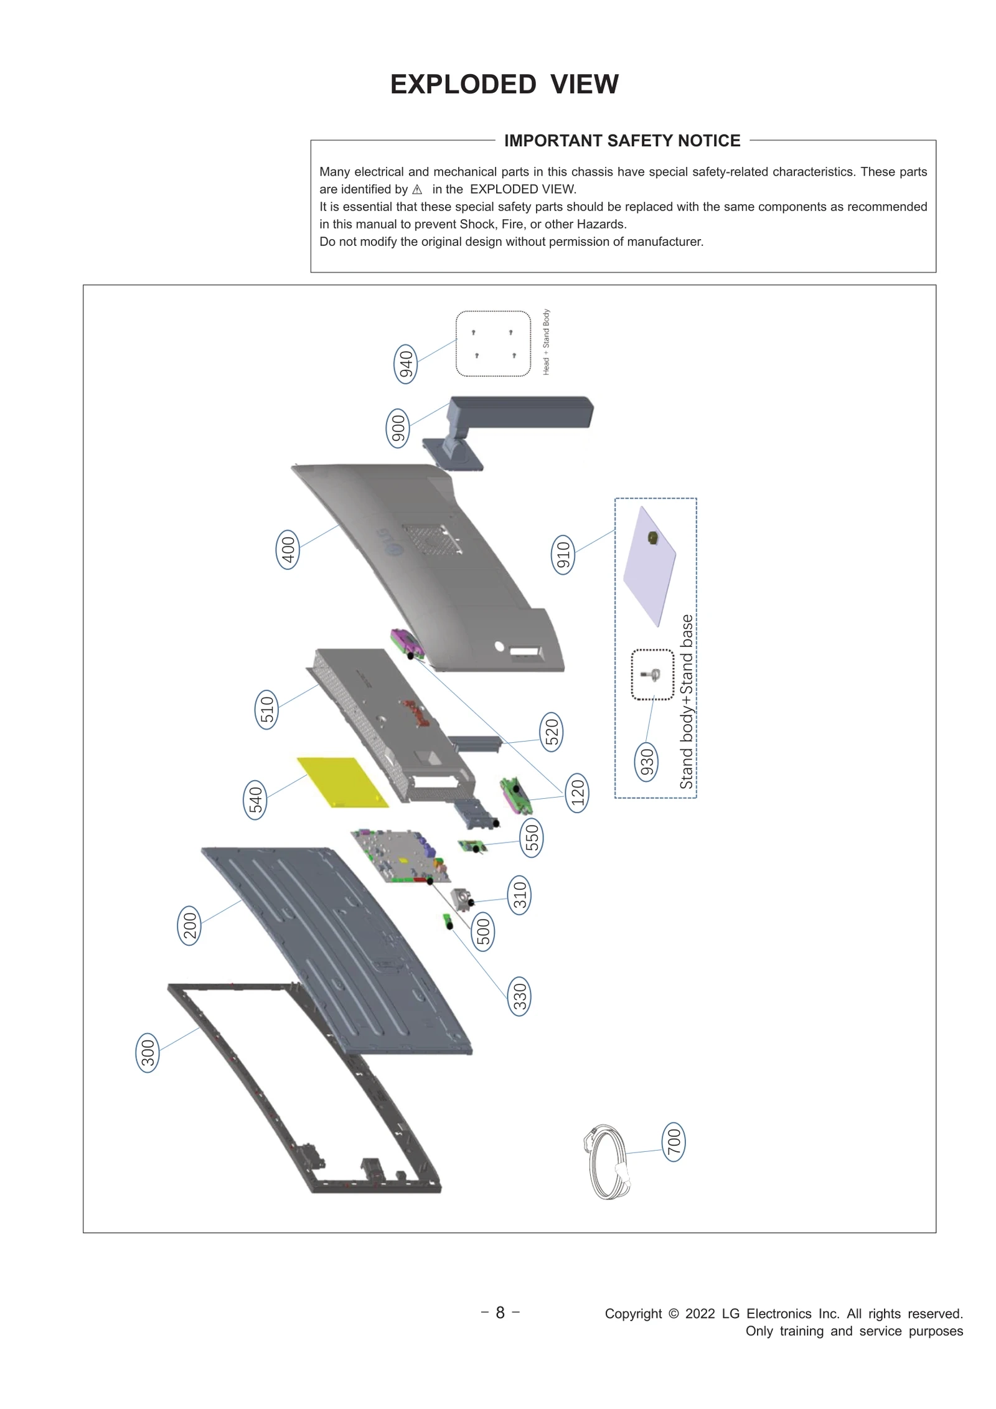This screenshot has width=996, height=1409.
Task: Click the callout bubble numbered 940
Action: point(405,364)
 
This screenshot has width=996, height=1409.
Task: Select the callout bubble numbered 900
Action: point(398,428)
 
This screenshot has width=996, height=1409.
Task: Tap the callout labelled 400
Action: point(287,550)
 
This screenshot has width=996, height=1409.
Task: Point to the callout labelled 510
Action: point(266,709)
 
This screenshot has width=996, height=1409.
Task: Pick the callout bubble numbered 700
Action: point(674,1143)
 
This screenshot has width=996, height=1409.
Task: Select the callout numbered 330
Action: point(519,996)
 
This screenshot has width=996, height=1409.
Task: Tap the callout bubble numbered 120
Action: point(577,793)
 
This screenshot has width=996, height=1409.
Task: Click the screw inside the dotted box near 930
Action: point(652,674)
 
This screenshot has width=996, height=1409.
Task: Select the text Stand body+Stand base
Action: point(686,702)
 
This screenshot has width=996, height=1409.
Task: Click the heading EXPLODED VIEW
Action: point(504,84)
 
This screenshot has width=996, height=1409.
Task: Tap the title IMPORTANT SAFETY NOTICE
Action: point(622,141)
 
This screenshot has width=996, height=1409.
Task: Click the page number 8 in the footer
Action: point(500,1313)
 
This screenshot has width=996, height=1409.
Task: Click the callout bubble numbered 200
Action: point(189,926)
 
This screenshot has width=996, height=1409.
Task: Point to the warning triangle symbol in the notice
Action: point(417,190)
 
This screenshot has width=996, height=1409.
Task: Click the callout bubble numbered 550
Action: point(532,838)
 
